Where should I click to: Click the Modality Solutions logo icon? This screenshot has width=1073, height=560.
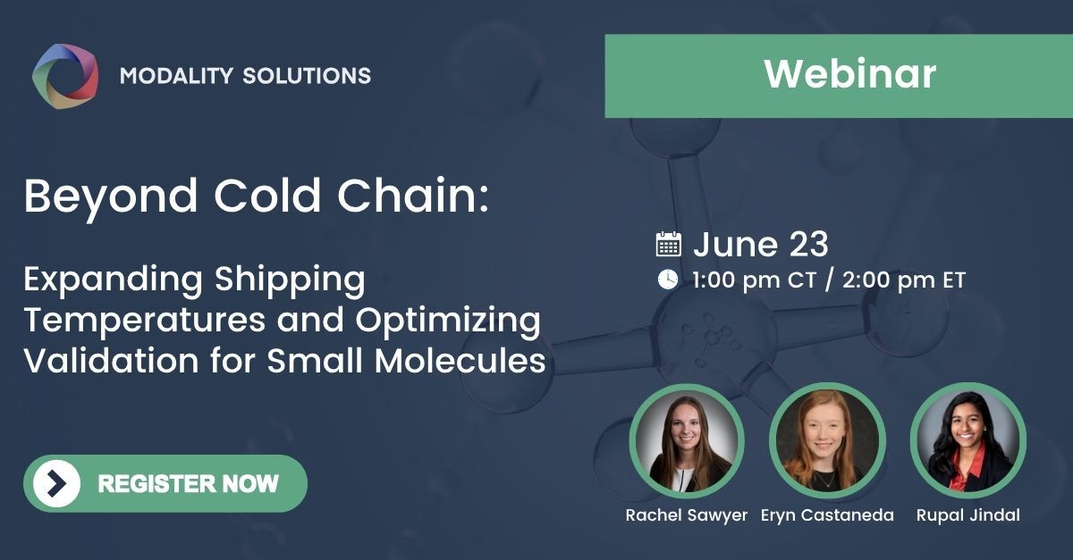65,73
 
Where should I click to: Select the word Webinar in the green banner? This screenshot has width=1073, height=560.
849,74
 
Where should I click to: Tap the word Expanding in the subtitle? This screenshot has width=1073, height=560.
111,280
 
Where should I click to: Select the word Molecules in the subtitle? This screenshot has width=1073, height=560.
473,361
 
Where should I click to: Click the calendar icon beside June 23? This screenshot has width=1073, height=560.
669,244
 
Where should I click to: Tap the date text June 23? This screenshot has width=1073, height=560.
761,244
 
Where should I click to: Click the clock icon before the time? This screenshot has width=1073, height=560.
668,280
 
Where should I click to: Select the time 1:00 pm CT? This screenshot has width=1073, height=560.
754,280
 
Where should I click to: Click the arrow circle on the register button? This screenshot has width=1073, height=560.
56,483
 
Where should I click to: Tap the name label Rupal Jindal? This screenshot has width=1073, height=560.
967,515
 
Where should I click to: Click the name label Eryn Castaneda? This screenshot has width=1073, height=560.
827,515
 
